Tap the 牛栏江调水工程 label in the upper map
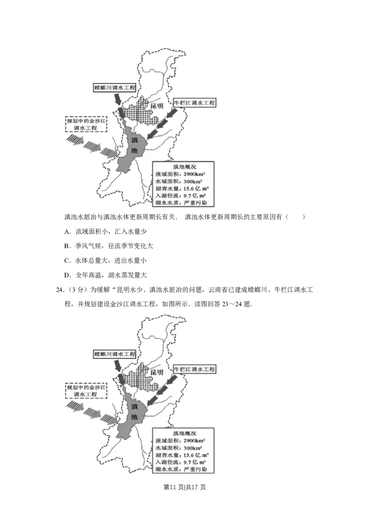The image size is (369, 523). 194,103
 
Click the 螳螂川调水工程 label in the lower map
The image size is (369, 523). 115,353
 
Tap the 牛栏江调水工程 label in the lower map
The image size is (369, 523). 194,369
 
